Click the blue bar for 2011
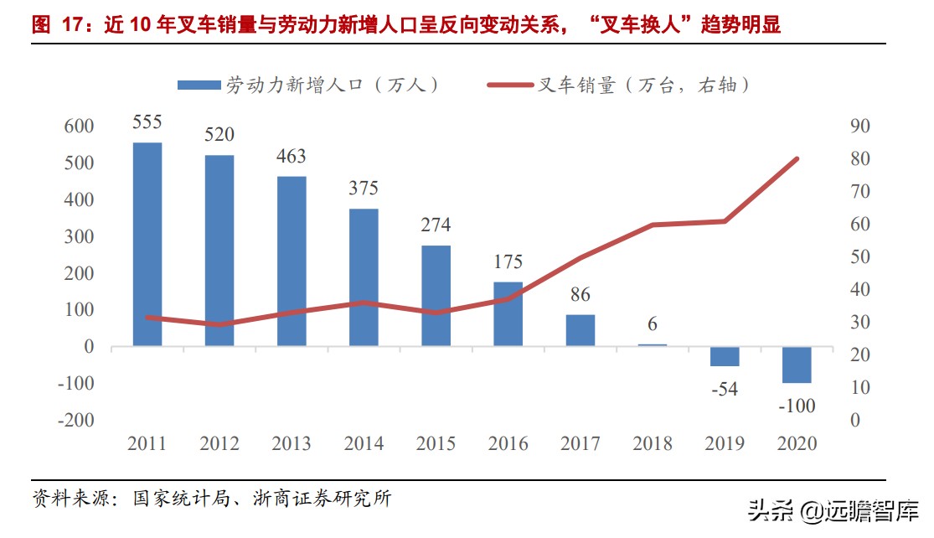pyautogui.click(x=147, y=244)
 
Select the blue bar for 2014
pyautogui.click(x=364, y=277)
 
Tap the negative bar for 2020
pyautogui.click(x=797, y=365)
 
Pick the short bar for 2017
pyautogui.click(x=580, y=330)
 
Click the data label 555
pyautogui.click(x=147, y=122)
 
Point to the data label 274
pyautogui.click(x=436, y=225)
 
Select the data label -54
pyautogui.click(x=723, y=389)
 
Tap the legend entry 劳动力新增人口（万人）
pyautogui.click(x=310, y=84)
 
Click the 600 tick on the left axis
pyautogui.click(x=79, y=127)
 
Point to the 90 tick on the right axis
pyautogui.click(x=860, y=127)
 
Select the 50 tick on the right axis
pyautogui.click(x=860, y=257)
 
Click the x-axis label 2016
pyautogui.click(x=508, y=444)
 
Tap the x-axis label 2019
pyautogui.click(x=724, y=444)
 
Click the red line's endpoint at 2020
pyautogui.click(x=797, y=158)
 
